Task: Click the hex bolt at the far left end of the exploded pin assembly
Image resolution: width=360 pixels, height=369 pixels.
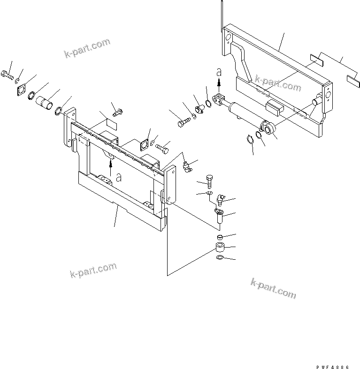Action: (x=7, y=75)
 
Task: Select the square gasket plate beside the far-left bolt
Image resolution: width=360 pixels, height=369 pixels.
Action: (x=23, y=90)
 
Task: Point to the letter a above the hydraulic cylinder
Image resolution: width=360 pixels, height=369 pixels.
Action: (x=219, y=72)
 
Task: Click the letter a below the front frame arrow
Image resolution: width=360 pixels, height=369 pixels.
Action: (x=119, y=178)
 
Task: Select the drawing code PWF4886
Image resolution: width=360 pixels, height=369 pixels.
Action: (x=333, y=367)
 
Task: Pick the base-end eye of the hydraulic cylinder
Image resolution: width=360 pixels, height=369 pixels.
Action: (x=268, y=128)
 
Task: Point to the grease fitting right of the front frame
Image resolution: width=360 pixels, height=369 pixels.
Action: (x=188, y=166)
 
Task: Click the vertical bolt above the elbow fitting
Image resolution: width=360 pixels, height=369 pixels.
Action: (x=209, y=181)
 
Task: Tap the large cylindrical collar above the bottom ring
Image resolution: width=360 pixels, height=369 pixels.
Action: (x=220, y=248)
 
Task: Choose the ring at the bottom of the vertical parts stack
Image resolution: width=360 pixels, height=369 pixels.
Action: (x=219, y=257)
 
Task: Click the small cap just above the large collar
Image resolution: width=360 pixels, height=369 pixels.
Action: (x=220, y=237)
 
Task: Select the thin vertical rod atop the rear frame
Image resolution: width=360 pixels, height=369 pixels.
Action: (x=222, y=16)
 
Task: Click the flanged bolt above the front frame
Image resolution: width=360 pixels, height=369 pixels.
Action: (x=117, y=112)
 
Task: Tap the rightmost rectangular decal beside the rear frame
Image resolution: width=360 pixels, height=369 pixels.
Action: (x=353, y=82)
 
